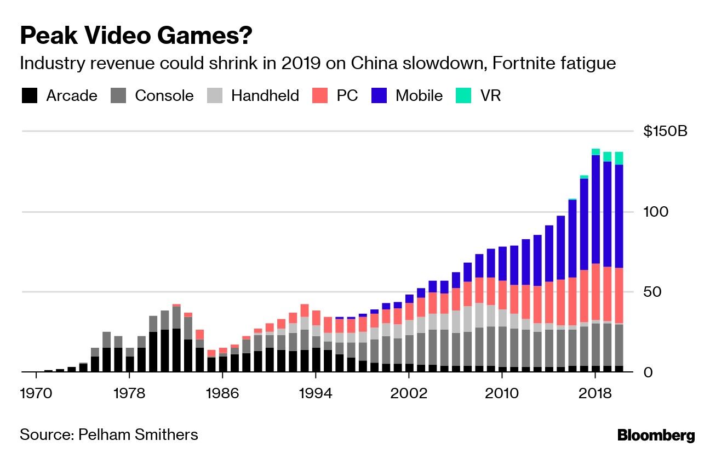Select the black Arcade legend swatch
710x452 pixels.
pos(30,96)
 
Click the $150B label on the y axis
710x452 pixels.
pos(665,132)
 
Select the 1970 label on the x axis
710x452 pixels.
pos(36,393)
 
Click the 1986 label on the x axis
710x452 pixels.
pos(222,393)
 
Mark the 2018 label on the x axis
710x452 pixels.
pos(595,393)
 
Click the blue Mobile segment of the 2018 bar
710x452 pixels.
pos(596,208)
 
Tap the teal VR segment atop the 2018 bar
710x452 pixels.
pos(596,152)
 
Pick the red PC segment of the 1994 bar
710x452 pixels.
pos(316,318)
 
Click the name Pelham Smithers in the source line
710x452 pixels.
pos(138,435)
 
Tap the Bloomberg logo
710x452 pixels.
pos(656,436)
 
